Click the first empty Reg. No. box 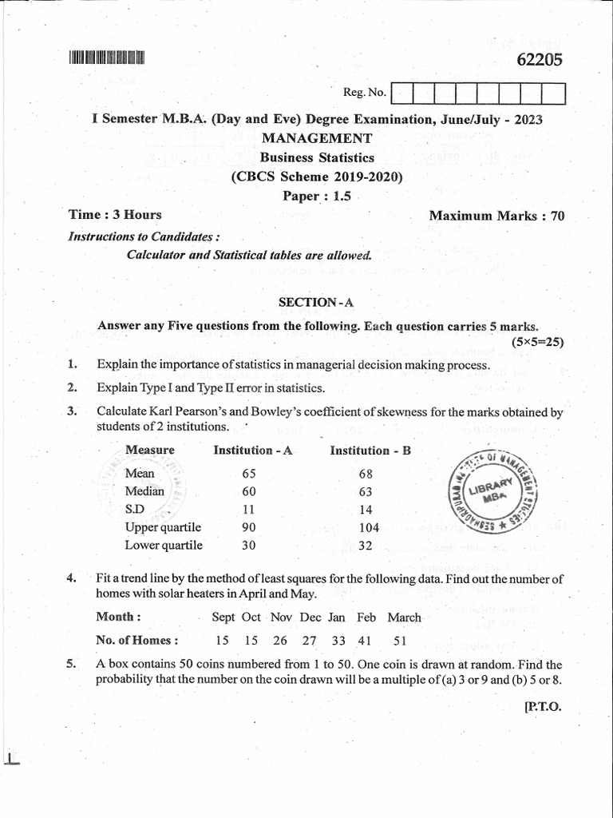402,94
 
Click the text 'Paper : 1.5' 317,196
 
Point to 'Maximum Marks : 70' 496,215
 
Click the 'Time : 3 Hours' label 116,214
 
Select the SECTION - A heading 314,302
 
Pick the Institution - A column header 253,451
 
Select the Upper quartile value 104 370,527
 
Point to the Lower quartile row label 164,546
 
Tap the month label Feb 366,617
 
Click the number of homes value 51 399,640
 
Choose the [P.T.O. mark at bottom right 544,706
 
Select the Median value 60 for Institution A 248,491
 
